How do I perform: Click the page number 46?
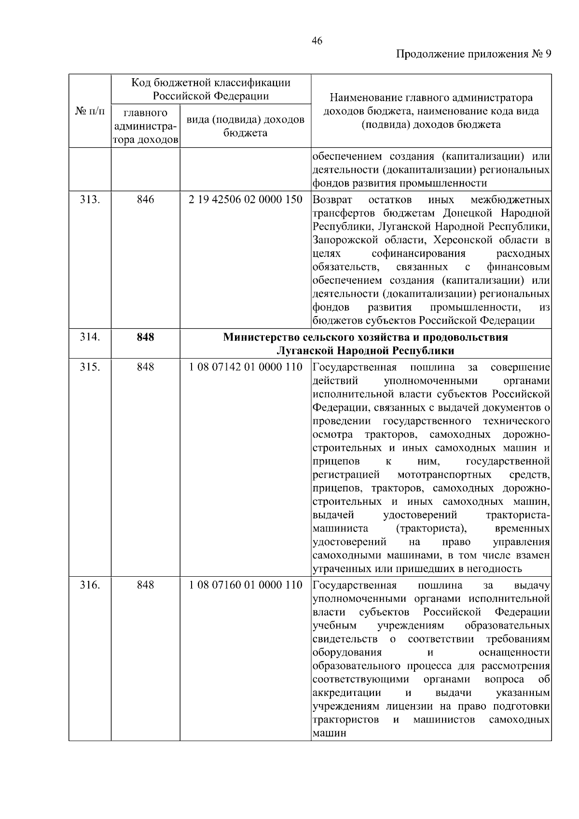click(x=317, y=41)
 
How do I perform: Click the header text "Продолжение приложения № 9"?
click(x=473, y=54)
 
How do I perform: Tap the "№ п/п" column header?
click(x=90, y=111)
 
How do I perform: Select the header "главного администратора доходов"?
click(x=145, y=126)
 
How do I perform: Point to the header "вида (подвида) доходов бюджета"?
click(x=246, y=126)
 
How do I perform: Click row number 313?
click(x=90, y=199)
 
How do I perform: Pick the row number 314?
click(x=90, y=337)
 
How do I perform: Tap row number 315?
click(x=90, y=367)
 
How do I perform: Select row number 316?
click(x=90, y=585)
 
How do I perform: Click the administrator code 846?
click(x=145, y=199)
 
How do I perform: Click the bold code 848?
click(x=145, y=337)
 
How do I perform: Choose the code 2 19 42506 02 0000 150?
click(x=246, y=199)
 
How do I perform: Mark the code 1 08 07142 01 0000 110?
click(x=246, y=367)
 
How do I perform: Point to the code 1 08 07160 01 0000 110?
click(x=246, y=585)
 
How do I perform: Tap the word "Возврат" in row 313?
click(x=332, y=200)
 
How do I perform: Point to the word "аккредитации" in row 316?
click(x=346, y=693)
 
